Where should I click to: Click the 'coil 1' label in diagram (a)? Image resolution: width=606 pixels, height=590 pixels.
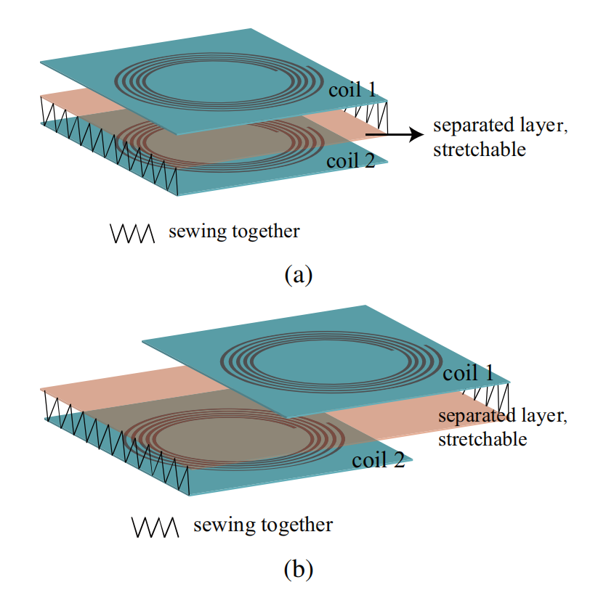352,89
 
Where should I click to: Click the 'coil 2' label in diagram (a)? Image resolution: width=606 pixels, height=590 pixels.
350,160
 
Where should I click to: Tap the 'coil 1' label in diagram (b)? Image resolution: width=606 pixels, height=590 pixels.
468,373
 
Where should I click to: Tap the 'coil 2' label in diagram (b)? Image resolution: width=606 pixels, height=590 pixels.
379,459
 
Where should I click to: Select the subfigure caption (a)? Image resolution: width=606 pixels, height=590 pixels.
299,275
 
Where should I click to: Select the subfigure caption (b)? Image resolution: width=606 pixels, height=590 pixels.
299,569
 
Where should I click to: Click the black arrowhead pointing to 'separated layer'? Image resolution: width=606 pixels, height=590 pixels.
416,135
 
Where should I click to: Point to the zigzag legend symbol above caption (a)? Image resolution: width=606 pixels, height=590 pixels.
132,234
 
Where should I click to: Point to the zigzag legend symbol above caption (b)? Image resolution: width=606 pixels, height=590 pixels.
155,528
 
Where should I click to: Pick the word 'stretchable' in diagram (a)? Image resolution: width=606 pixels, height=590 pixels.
480,149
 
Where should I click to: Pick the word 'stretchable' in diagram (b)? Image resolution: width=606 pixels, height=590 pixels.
482,439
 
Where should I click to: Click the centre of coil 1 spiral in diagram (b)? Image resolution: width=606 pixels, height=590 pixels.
331,362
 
